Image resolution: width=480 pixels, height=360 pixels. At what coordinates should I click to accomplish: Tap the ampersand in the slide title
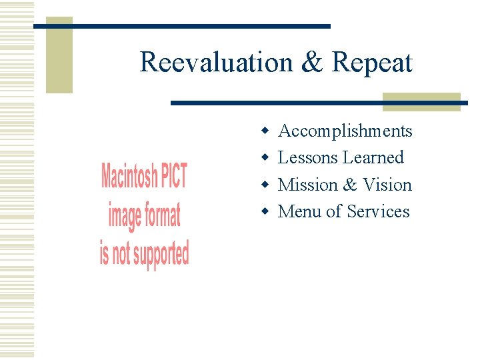(x=311, y=63)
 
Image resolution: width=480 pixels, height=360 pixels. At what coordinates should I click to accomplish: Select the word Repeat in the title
(x=372, y=63)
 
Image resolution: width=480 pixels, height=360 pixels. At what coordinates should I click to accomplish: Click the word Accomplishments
(x=345, y=131)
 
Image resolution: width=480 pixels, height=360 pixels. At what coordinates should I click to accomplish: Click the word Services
(x=378, y=211)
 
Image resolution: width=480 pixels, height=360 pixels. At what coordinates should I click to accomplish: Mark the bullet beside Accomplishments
(x=265, y=131)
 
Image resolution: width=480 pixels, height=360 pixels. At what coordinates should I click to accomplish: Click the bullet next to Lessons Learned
(x=265, y=158)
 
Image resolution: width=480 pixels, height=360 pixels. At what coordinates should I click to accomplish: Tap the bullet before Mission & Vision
(x=265, y=185)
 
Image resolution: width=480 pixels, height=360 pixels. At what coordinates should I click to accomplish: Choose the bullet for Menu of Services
(x=265, y=211)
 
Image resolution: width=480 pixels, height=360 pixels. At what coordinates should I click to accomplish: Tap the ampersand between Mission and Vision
(x=350, y=185)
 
